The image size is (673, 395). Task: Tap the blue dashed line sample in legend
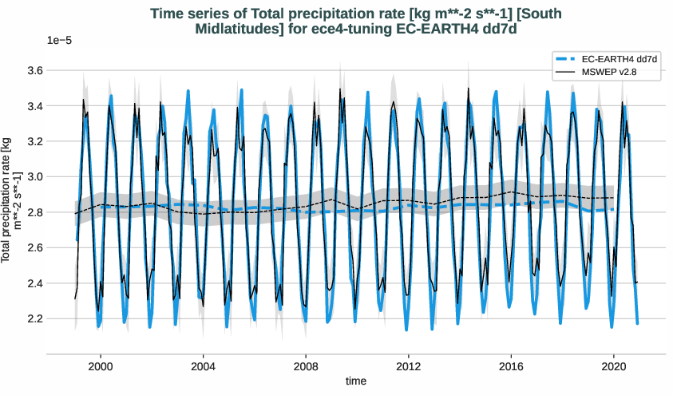point(565,59)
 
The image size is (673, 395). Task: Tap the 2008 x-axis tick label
point(306,365)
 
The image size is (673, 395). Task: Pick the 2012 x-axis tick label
point(409,365)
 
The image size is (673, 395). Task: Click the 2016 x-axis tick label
point(511,365)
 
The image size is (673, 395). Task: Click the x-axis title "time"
point(355,381)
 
